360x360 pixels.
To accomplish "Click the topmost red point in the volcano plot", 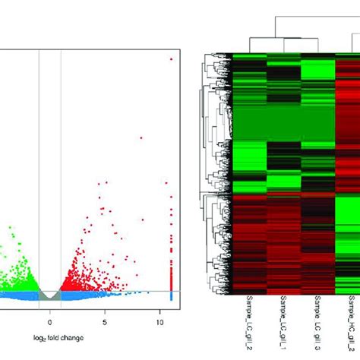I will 171,58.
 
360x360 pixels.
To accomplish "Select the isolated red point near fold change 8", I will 141,137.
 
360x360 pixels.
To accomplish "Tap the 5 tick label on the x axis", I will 106,311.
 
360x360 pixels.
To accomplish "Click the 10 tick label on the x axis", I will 161,311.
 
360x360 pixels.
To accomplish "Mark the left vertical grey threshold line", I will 39,175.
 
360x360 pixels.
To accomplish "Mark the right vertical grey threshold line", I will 61,175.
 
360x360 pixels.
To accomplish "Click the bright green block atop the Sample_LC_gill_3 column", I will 317,68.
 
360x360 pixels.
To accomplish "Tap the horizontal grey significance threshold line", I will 106,290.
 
